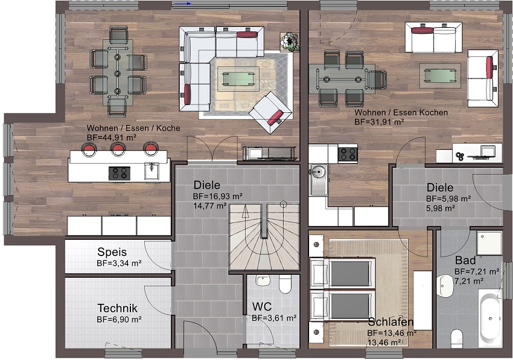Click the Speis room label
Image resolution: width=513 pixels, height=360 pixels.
pos(112,252)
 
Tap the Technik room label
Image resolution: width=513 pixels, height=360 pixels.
pos(118,308)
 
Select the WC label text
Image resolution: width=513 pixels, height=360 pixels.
pos(262,307)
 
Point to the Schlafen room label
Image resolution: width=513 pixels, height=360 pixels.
pos(390,322)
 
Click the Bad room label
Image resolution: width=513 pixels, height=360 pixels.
pos(465,260)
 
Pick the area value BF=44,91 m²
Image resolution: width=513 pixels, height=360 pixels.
pos(112,138)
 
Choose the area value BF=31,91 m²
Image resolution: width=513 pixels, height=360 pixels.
pos(379,122)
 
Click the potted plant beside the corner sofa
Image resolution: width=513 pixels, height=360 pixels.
pos(290,42)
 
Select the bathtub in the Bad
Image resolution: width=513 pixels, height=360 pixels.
pos(489,317)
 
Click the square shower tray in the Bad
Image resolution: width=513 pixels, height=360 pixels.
pos(489,243)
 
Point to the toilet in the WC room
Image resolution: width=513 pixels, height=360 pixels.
pos(285,284)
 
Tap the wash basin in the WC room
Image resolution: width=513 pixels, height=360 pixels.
pos(262,281)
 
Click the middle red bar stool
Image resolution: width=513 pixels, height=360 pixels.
pos(118,149)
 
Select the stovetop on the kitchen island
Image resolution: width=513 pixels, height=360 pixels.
pos(119,173)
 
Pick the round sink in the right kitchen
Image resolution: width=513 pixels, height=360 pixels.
pos(317,171)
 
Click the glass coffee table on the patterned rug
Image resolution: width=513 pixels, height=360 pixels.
pos(238,79)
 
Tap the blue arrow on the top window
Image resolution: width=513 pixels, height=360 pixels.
pos(183,4)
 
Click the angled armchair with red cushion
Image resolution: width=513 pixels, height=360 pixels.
pos(270,112)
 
